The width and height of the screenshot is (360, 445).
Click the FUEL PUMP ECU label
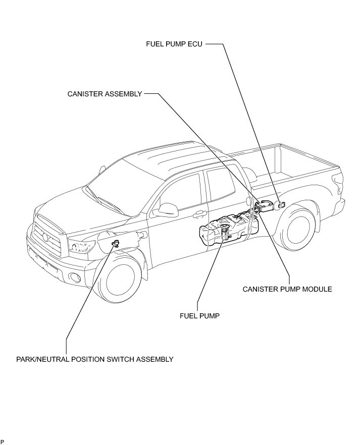point(174,44)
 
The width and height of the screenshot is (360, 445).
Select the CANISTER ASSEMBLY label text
point(105,94)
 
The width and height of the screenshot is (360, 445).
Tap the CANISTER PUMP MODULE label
point(287,289)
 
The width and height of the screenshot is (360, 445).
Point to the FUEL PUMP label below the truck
point(199,316)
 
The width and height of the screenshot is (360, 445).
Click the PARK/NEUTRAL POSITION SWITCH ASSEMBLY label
point(95,359)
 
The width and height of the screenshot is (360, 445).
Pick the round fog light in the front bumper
point(75,277)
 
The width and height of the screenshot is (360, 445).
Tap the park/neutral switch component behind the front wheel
point(116,244)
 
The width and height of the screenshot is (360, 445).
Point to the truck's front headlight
point(82,247)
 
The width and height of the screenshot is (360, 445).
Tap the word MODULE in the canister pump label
point(317,289)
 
